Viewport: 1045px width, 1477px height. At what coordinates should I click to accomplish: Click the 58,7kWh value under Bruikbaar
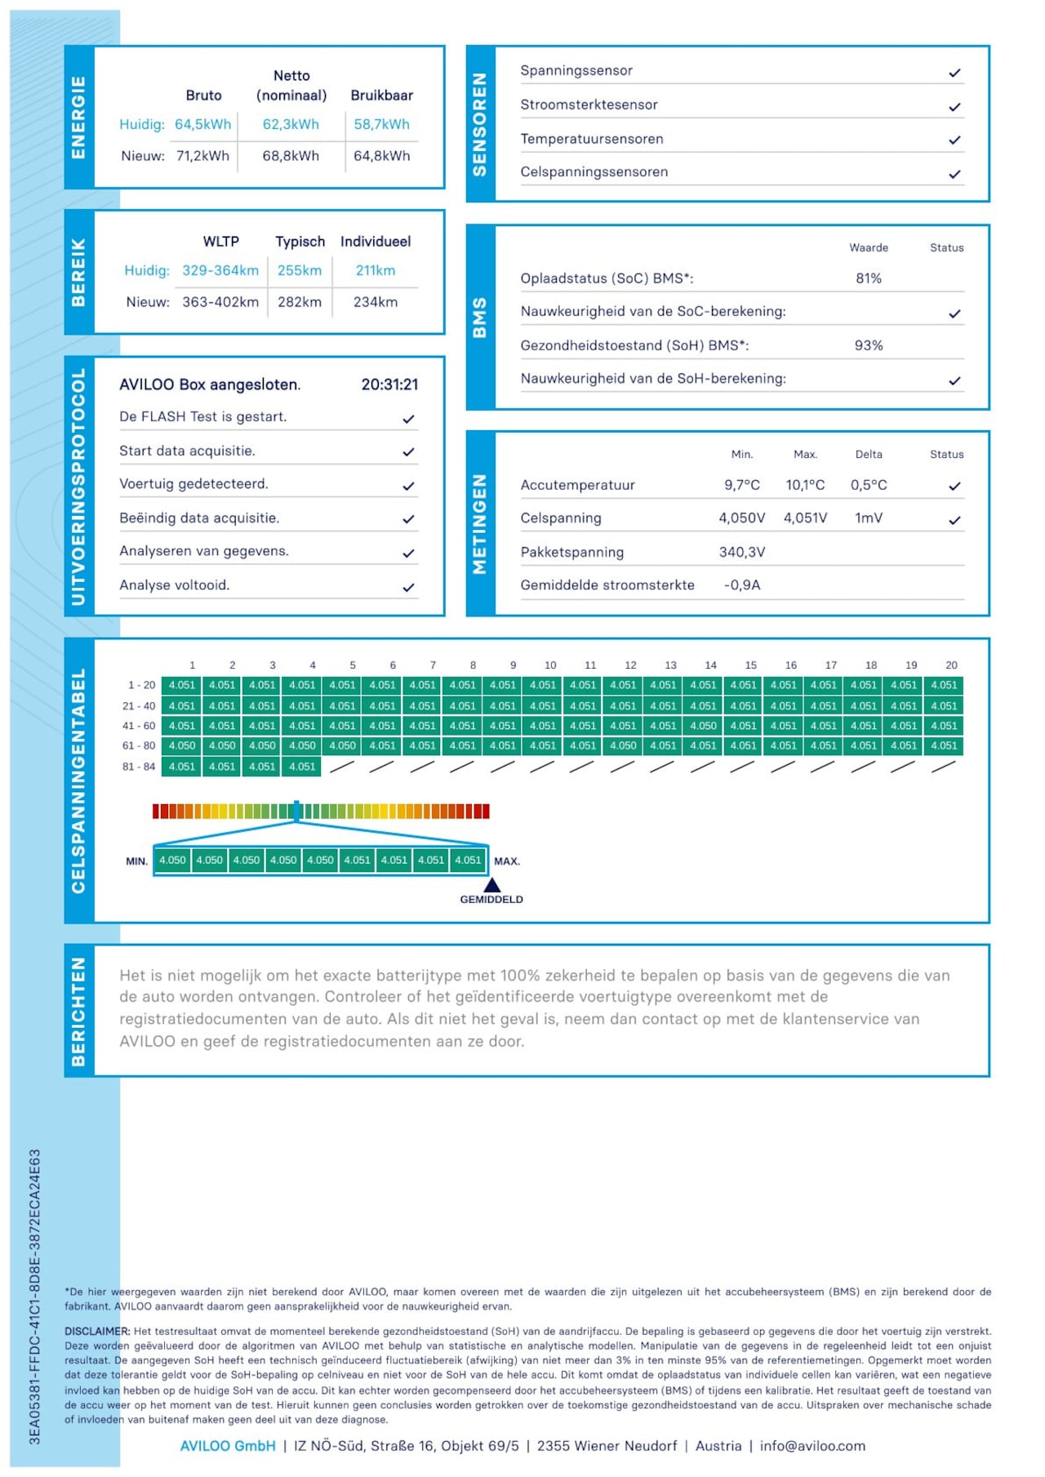[381, 124]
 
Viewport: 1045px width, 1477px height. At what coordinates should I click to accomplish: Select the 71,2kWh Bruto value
[202, 156]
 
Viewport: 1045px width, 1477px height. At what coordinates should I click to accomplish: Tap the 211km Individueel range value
[375, 270]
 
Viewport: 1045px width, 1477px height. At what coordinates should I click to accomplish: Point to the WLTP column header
[220, 242]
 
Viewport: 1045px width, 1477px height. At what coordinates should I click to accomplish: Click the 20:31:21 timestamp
[389, 385]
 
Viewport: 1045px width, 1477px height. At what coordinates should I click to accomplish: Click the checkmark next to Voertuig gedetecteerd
[408, 486]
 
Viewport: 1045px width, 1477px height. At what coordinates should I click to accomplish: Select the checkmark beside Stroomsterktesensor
[954, 107]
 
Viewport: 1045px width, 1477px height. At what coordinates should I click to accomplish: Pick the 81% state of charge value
[868, 278]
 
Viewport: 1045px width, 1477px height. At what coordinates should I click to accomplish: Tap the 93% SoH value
[868, 345]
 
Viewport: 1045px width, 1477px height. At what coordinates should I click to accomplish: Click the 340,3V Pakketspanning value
[741, 552]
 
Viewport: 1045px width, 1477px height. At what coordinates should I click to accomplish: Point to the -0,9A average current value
[741, 585]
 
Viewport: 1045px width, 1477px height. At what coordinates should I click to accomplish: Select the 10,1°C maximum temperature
[805, 485]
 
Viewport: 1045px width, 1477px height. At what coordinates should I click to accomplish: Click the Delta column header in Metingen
[868, 455]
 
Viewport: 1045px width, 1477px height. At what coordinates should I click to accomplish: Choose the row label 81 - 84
[138, 767]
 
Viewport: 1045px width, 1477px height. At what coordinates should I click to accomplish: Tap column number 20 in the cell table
[951, 665]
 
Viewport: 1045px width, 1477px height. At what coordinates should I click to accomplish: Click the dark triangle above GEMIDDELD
[491, 885]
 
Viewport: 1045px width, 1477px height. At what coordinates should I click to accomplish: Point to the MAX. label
[506, 861]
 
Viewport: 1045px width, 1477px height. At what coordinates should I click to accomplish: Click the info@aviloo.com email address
[812, 1446]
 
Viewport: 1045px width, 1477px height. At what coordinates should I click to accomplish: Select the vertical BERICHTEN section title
[78, 1012]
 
